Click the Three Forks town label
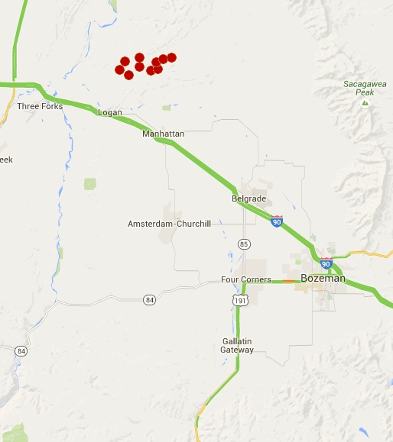pos(40,106)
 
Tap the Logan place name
pos(110,113)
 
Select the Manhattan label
pos(163,134)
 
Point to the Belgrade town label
pos(248,198)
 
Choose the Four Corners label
pos(245,279)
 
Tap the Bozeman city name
pos(323,279)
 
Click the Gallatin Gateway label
pos(237,345)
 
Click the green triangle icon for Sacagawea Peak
pos(365,102)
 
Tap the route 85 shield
pos(243,244)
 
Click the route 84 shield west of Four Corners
pos(150,300)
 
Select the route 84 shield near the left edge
pos(21,350)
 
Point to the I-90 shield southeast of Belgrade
pos(277,221)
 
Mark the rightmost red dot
pos(171,57)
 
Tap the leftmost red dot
pos(119,70)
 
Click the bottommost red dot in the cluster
pos(128,75)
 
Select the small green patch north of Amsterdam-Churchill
pos(91,183)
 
